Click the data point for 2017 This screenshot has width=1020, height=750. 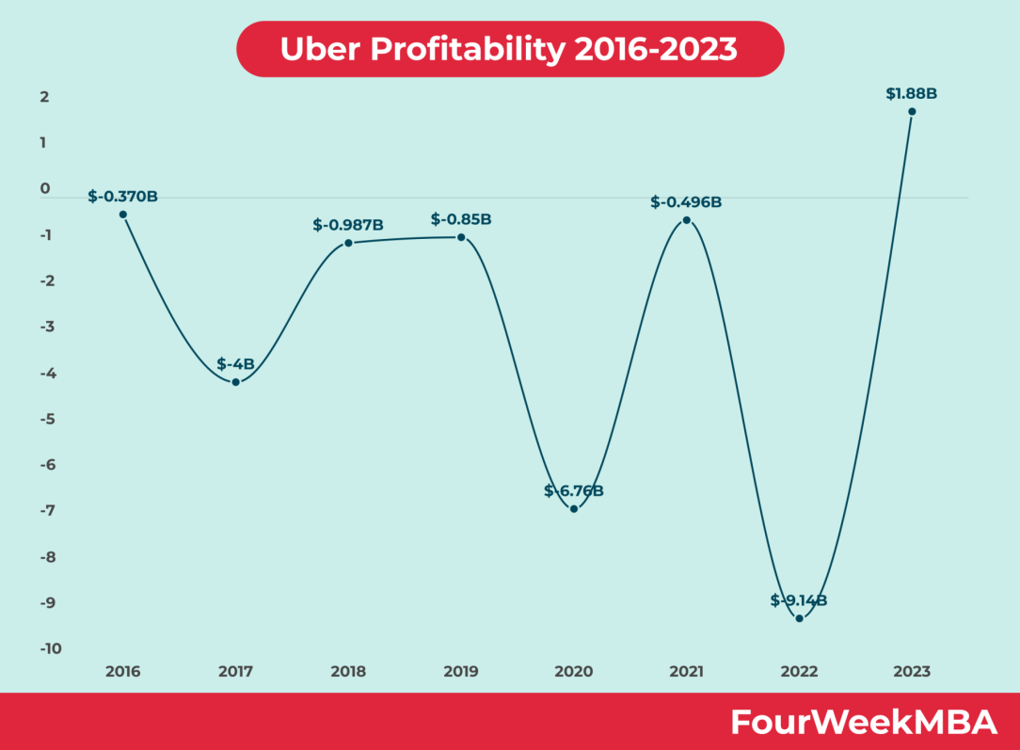(235, 382)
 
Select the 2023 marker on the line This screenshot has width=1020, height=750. (912, 112)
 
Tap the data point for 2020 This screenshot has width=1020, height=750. (574, 509)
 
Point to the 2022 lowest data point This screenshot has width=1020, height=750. (799, 618)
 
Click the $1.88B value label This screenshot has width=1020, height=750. (912, 93)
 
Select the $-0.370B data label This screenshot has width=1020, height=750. (123, 197)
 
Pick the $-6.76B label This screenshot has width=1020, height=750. (574, 490)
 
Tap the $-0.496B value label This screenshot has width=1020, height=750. (686, 201)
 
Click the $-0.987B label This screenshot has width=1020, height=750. (348, 225)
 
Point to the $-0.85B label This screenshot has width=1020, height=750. (461, 219)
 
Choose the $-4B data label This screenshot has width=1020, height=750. (235, 363)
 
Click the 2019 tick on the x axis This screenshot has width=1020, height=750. (461, 672)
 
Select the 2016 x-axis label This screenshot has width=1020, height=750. (123, 672)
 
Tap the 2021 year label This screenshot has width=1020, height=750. (686, 672)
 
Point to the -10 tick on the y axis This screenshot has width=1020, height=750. (51, 648)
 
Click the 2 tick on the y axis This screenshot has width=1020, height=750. (44, 97)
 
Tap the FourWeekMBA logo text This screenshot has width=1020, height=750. (863, 722)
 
